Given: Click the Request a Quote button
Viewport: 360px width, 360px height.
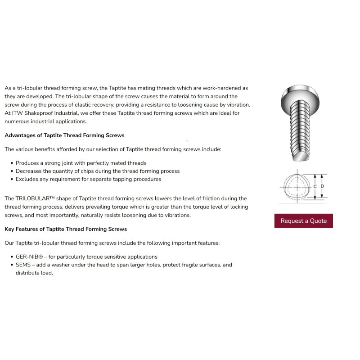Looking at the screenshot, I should point(303,221).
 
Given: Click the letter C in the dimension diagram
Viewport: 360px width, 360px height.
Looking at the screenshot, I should point(315,186).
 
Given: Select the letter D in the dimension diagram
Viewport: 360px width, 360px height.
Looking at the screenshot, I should point(322,186).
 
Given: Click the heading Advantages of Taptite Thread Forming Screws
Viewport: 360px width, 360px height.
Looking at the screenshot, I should point(64,135).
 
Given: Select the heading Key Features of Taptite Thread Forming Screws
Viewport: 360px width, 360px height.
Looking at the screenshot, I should point(66,229).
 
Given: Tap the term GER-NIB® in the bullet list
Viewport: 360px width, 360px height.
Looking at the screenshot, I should point(30,256).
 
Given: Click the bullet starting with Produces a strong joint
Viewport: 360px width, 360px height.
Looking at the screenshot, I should point(81,163).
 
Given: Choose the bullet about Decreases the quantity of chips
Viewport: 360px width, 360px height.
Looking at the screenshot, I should point(98,171).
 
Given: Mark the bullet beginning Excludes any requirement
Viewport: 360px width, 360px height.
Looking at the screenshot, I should point(88,179).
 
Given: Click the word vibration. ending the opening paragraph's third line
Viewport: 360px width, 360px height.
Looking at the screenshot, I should point(237,105).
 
